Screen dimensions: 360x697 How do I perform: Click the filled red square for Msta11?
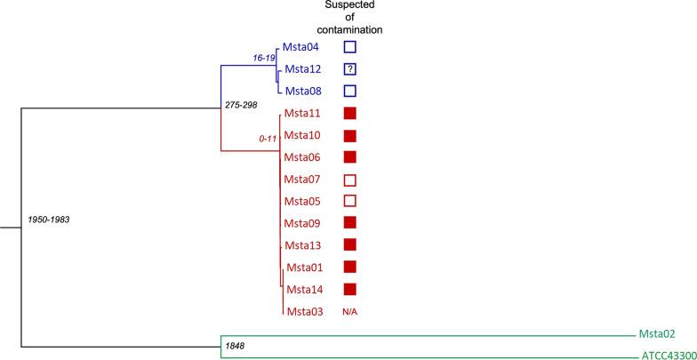pos(350,113)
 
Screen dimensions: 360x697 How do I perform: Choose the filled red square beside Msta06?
pos(350,157)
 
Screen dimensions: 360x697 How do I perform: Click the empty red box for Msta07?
pos(350,180)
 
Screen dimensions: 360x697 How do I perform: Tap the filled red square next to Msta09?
pos(350,223)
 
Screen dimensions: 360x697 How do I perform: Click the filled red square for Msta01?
pos(350,267)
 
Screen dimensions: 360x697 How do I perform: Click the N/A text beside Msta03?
pos(350,311)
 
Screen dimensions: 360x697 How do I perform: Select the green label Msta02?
pos(656,334)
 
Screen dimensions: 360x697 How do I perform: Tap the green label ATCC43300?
pos(666,356)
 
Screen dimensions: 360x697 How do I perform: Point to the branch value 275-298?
pos(245,106)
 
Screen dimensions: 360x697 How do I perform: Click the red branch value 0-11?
pos(263,139)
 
